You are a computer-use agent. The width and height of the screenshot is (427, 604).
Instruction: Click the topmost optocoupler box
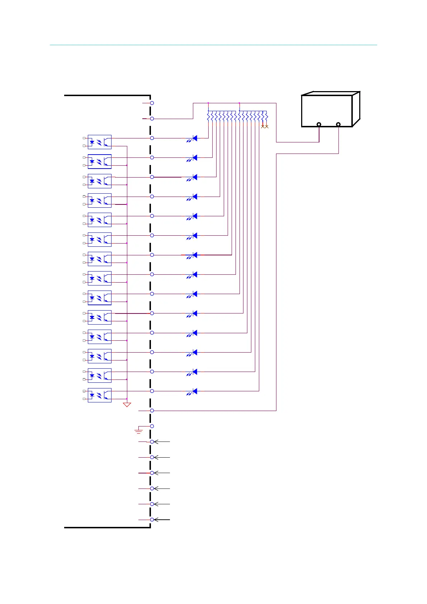point(99,142)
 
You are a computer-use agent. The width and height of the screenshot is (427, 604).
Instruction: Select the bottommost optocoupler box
point(99,395)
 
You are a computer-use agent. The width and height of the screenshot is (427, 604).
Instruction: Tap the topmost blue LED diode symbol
point(195,138)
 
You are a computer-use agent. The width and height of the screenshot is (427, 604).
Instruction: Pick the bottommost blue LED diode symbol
point(195,391)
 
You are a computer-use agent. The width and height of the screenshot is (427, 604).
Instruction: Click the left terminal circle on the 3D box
point(319,124)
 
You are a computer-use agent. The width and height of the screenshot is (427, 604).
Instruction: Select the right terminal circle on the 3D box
point(338,124)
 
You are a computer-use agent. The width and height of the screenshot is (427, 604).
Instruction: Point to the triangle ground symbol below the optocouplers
point(127,405)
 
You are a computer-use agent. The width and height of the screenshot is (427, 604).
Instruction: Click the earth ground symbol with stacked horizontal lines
point(138,431)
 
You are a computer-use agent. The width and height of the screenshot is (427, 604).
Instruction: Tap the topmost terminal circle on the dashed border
point(152,103)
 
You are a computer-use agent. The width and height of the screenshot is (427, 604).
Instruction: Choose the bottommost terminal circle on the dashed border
point(152,520)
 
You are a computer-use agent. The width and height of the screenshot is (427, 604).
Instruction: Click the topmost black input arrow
point(161,442)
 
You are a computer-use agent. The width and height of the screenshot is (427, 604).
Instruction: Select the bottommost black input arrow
point(161,520)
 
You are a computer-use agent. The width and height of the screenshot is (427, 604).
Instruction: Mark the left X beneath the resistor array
point(263,126)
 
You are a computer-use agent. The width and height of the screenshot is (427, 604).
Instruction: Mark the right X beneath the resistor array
point(267,126)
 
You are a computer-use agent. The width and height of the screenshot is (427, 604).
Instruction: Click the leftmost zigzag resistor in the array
point(208,116)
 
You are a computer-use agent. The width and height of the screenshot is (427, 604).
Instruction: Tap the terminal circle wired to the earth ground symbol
point(152,426)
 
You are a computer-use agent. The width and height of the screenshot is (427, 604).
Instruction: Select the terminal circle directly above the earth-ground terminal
point(152,410)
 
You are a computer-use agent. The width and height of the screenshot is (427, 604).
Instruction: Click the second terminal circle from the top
point(152,118)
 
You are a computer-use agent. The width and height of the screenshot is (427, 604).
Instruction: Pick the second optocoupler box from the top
point(99,161)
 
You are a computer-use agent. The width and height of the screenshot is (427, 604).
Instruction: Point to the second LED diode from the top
point(195,157)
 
